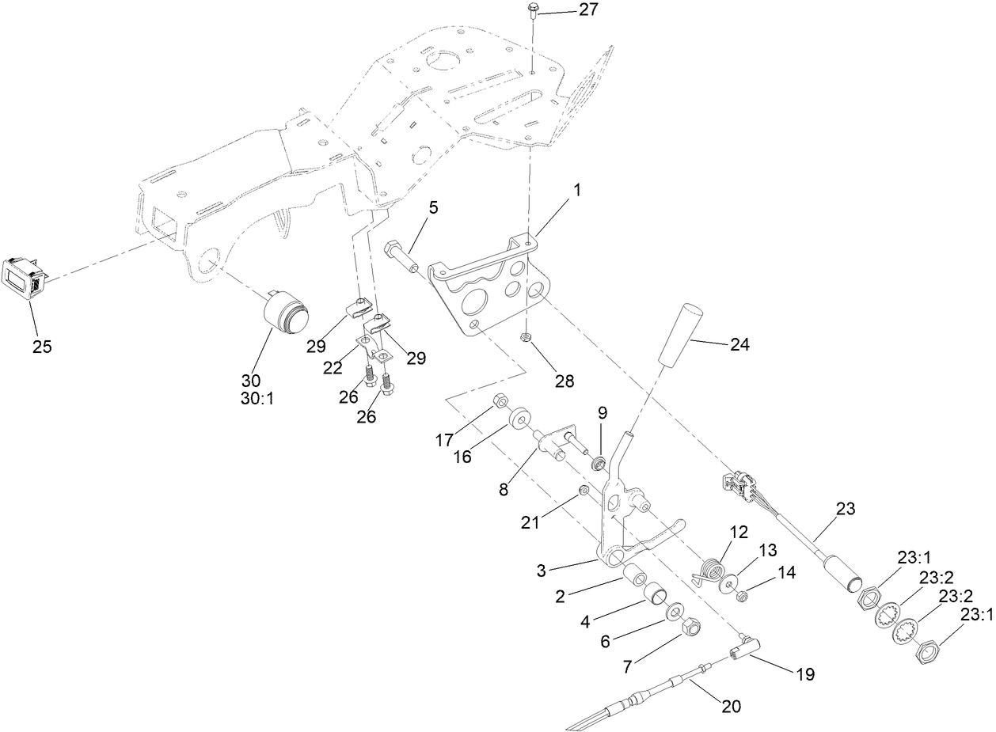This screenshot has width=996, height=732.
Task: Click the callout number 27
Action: pos(588,9)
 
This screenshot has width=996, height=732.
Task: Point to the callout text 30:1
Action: pos(257,400)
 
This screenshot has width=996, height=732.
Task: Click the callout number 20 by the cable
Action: pos(731,707)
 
